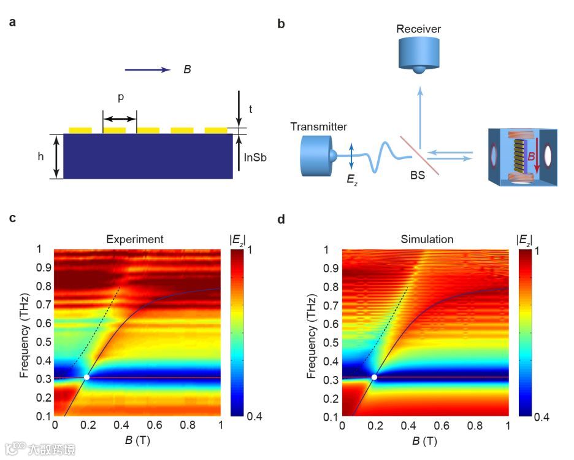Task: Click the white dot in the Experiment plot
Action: pos(86,377)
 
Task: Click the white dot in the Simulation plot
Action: pos(374,377)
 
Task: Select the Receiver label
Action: pos(419,29)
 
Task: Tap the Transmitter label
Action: pos(319,127)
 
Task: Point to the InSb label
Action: pos(255,157)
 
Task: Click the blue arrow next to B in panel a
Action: pos(148,70)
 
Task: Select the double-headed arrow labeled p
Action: pos(120,119)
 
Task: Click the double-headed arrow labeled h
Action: pos(56,157)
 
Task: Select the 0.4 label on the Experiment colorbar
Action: pos(248,416)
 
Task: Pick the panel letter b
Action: pos(281,25)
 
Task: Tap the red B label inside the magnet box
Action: pos(531,158)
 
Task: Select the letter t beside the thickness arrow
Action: pos(251,109)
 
